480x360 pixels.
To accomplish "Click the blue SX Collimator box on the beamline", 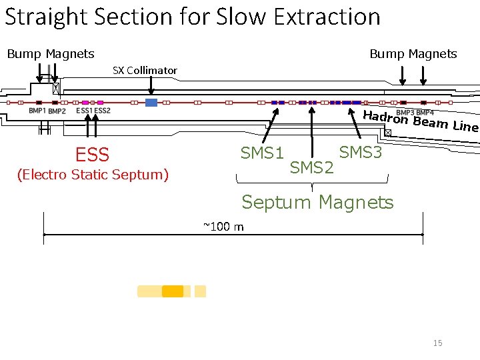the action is [151, 103].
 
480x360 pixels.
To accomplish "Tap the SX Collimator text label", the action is [145, 70].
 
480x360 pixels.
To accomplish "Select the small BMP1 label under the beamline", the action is [37, 111].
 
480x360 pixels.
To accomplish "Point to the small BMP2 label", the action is [57, 111].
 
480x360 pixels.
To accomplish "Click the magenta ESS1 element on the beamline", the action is [85, 103].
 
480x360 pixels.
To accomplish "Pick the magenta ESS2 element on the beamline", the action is [101, 103].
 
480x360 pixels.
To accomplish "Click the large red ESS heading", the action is [92, 155].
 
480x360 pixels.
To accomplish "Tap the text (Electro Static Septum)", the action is [93, 175].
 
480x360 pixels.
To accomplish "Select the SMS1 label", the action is [262, 153].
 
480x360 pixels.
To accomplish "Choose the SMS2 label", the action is [311, 167].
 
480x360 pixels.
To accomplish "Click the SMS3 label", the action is [361, 153].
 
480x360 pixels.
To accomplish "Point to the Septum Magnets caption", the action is [317, 201].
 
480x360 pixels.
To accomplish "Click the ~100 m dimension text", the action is [223, 227].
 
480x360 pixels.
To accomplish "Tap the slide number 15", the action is [437, 343].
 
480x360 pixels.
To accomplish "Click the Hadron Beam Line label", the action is [421, 121].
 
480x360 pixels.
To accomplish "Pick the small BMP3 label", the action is [405, 112].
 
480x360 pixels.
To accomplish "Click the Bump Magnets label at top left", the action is [51, 53].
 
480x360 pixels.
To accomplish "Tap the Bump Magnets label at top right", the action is [413, 53].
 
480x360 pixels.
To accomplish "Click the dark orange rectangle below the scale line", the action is [173, 291].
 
